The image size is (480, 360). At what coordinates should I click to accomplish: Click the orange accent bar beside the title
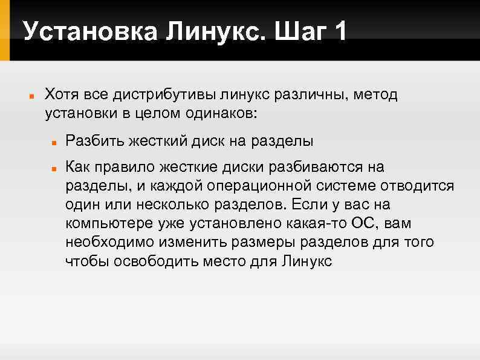[x=5, y=30]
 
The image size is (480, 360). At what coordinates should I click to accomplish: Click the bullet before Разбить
[x=54, y=143]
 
